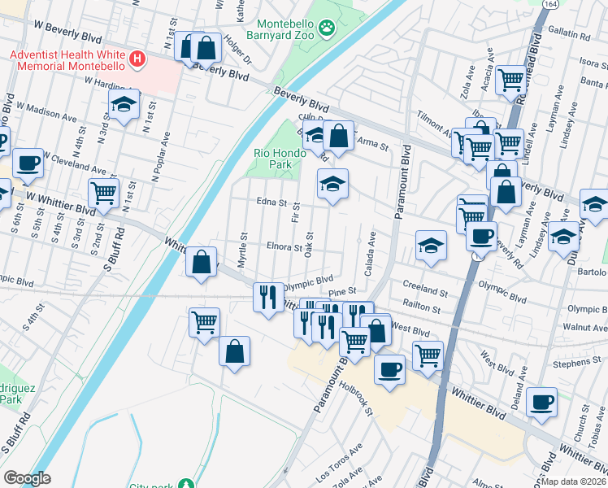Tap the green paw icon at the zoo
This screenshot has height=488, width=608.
[327, 30]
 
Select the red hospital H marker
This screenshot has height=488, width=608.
[138, 59]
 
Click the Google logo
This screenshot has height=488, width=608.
[27, 478]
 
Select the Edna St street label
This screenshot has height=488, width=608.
[271, 203]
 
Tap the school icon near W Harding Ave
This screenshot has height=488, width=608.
[124, 104]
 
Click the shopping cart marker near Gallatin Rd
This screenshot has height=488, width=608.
[510, 80]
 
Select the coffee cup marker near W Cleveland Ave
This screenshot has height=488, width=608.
[27, 162]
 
